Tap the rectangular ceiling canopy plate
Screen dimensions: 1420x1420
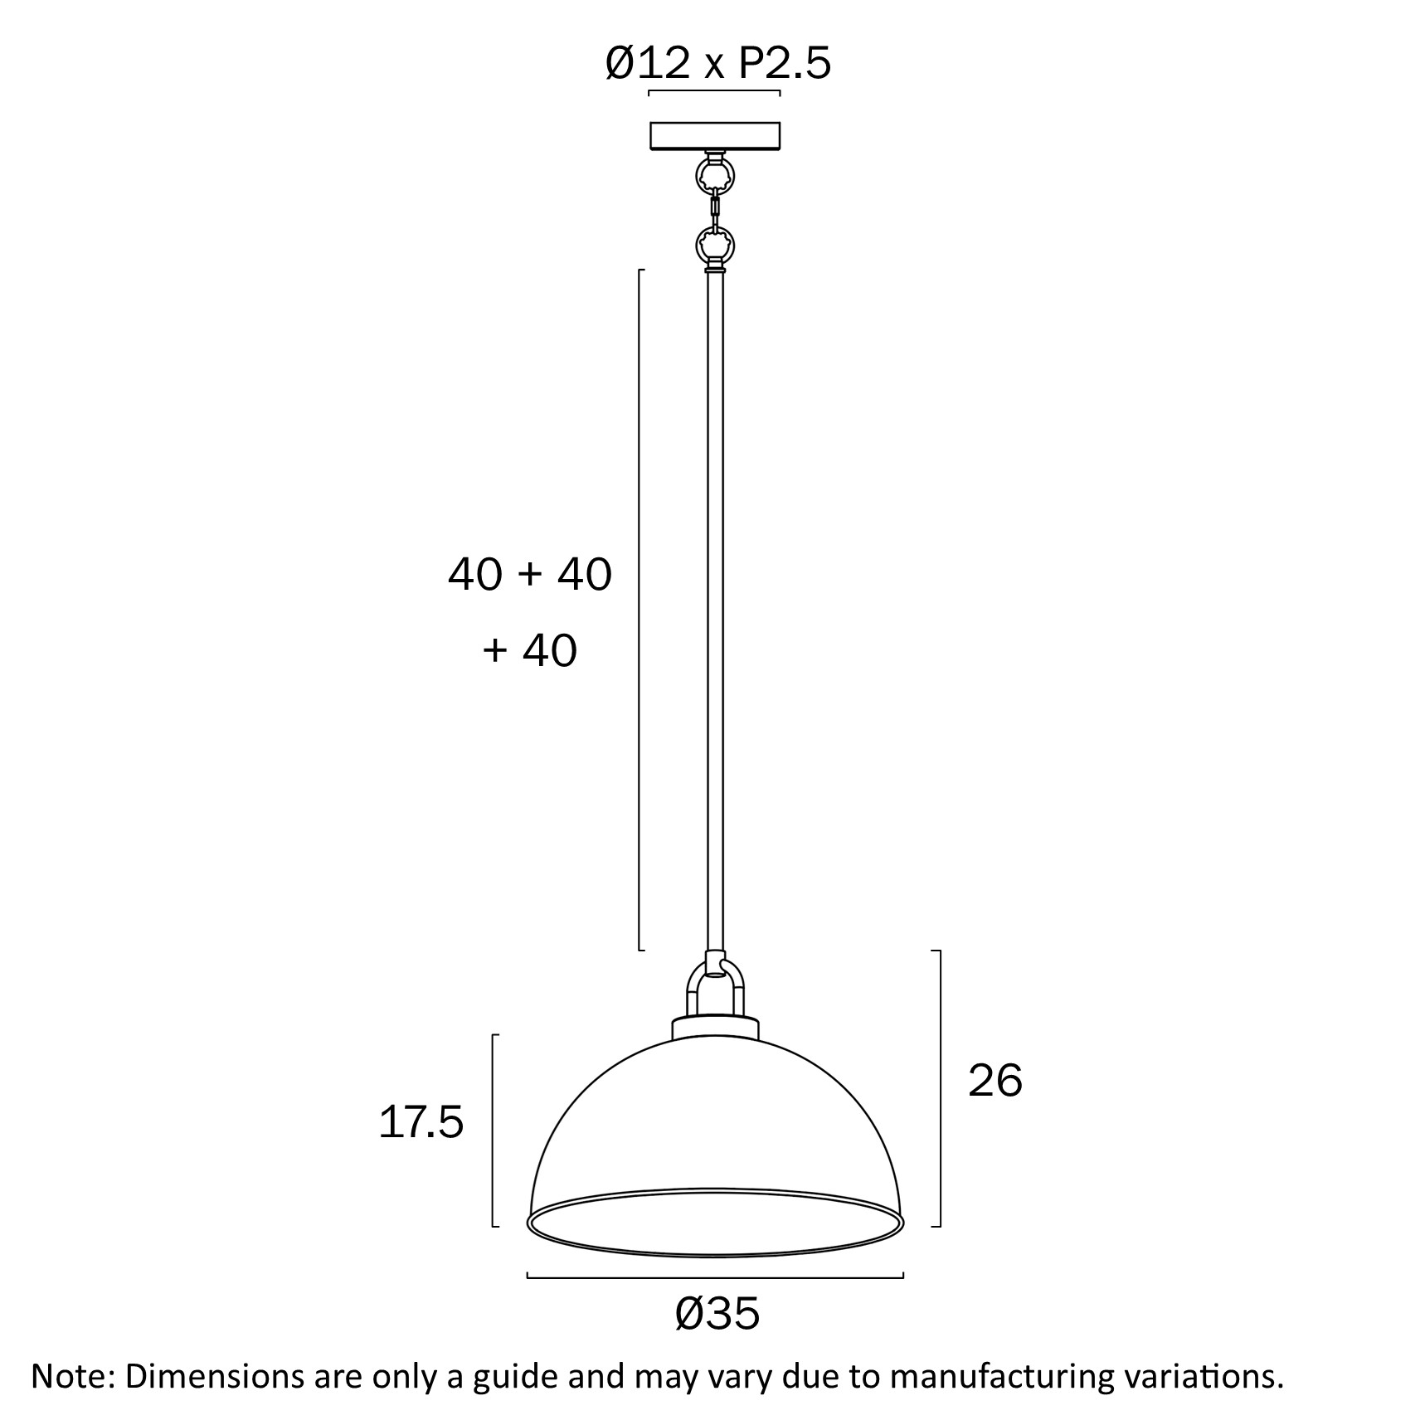point(714,135)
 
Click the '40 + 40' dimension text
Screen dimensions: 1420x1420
point(529,574)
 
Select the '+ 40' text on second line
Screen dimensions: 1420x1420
point(529,650)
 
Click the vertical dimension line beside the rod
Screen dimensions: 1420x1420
point(639,610)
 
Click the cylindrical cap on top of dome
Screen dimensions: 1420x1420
point(715,1029)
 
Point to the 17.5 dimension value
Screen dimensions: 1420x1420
point(421,1123)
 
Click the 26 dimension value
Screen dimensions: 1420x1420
point(994,1081)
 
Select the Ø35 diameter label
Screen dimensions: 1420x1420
point(717,1314)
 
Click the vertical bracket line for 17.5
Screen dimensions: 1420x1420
point(494,1130)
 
